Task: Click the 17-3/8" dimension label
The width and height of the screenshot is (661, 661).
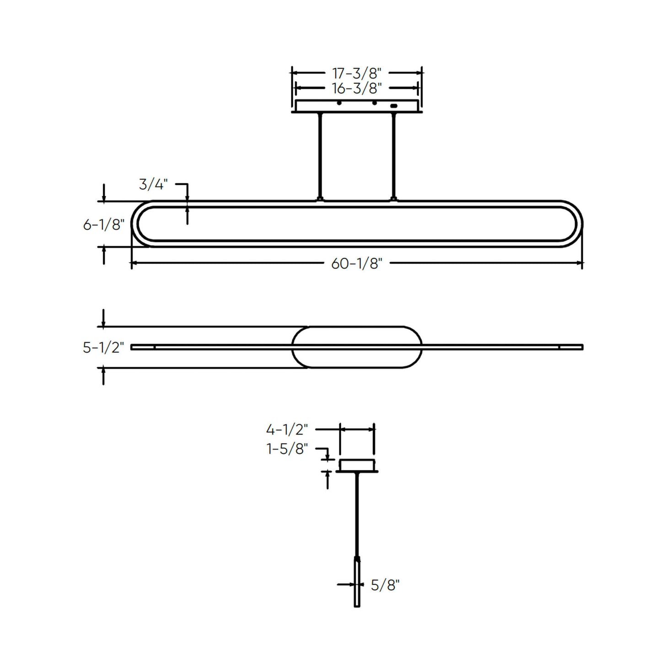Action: (x=356, y=73)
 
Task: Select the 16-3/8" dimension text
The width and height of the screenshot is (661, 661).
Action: (x=356, y=88)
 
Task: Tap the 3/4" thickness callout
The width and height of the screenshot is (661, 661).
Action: (x=153, y=184)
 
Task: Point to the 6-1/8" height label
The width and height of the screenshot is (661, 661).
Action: (x=103, y=225)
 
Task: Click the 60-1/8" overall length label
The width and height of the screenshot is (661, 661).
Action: (x=356, y=263)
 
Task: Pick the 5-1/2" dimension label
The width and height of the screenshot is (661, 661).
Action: (x=103, y=348)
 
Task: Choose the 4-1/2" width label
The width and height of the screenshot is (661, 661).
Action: (x=287, y=430)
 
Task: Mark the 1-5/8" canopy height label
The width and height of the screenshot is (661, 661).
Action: (x=287, y=449)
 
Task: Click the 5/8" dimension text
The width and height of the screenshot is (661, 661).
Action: (x=385, y=585)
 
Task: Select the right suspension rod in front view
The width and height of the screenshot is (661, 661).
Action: (x=393, y=156)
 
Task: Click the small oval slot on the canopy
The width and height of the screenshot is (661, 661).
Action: (x=394, y=106)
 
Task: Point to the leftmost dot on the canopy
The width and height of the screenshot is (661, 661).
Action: (x=339, y=103)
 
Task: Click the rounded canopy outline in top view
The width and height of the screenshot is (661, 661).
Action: (x=357, y=328)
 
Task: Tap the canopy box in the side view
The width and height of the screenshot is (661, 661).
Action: (x=357, y=465)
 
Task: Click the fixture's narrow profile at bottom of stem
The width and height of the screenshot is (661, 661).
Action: (x=357, y=583)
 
